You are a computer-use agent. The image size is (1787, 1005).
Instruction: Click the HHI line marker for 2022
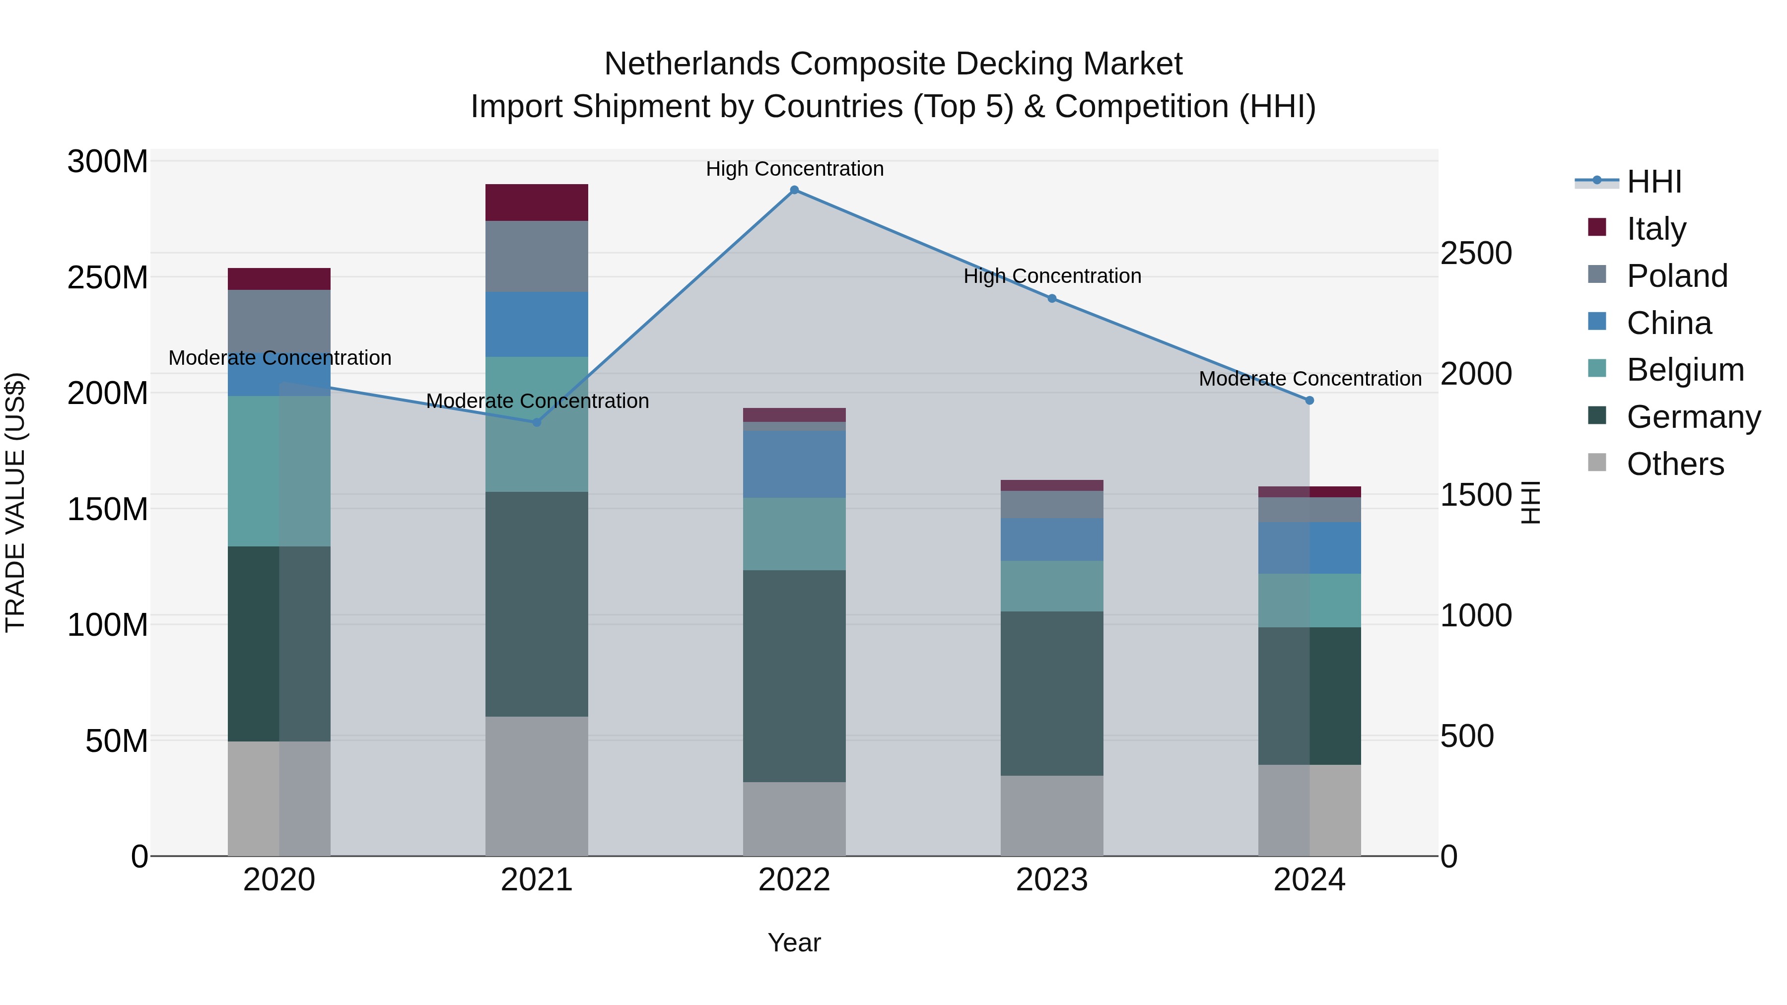tap(794, 190)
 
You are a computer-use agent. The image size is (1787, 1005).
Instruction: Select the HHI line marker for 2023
tap(1052, 299)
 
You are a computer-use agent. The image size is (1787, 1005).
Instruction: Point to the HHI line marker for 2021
tap(536, 422)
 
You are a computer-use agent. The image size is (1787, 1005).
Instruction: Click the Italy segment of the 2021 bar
tap(536, 202)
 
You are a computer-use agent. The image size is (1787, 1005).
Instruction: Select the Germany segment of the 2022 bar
tap(794, 676)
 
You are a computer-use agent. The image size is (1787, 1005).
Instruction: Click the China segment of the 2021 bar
tap(536, 325)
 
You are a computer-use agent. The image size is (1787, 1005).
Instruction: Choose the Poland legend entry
tap(1677, 276)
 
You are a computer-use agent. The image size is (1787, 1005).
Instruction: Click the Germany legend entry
tap(1693, 417)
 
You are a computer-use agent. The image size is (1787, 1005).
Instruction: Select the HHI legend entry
tap(1654, 182)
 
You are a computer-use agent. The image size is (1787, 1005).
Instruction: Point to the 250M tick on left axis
tap(108, 277)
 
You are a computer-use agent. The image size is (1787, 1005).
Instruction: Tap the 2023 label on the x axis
tap(1052, 880)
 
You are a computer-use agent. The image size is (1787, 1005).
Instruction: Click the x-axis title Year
tap(794, 942)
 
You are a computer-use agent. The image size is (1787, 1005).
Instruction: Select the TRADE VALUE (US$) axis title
tap(15, 502)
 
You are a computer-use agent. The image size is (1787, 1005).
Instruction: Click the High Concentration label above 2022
tap(794, 169)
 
